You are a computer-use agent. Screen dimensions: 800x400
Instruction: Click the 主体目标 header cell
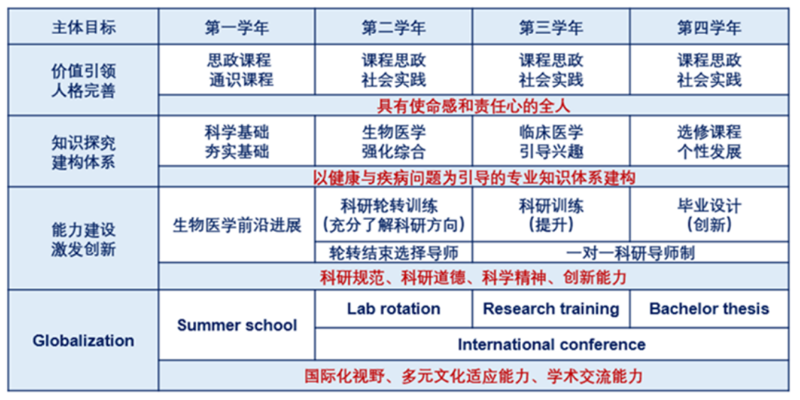[x=83, y=27]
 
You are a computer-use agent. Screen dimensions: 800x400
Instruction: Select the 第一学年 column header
[x=237, y=27]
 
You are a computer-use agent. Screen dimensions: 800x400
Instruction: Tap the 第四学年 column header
[x=709, y=27]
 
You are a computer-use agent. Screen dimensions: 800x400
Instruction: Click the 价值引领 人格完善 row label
[x=83, y=80]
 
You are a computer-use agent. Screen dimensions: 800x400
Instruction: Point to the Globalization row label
[x=83, y=340]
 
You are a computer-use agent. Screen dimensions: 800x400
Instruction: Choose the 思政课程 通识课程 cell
[x=237, y=70]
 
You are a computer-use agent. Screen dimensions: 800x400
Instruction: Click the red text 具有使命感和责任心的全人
[x=473, y=106]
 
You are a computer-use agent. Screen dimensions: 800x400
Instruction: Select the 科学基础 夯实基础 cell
[x=237, y=141]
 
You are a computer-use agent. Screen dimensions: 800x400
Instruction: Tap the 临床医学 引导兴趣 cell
[x=551, y=141]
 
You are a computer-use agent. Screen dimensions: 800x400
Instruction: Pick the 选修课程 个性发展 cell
[x=709, y=141]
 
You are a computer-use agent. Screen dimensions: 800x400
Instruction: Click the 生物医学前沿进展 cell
[x=237, y=225]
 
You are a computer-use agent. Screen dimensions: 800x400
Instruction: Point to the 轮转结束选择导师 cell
[x=394, y=252]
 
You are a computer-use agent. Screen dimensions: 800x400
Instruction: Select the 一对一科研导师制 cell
[x=630, y=252]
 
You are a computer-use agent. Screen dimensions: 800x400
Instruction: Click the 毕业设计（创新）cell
[x=709, y=214]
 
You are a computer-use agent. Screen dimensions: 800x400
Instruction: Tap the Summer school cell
[x=237, y=325]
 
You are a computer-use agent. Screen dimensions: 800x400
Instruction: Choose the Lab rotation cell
[x=394, y=309]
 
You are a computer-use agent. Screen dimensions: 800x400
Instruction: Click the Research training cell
[x=551, y=309]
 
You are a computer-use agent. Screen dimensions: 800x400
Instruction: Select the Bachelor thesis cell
[x=709, y=309]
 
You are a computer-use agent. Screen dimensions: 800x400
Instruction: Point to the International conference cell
[x=552, y=345]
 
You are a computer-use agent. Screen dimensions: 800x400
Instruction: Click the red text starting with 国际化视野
[x=473, y=376]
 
